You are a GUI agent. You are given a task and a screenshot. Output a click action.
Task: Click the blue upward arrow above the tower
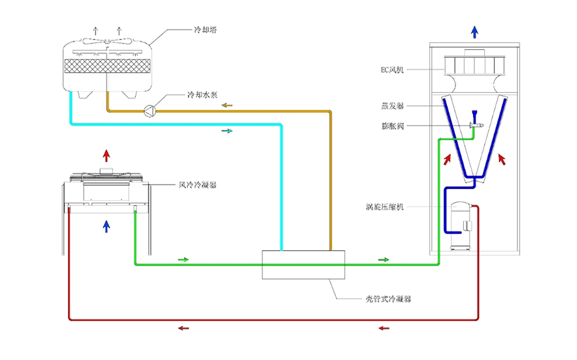point(475,32)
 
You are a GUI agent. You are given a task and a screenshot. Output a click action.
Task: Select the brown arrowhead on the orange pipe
point(226,104)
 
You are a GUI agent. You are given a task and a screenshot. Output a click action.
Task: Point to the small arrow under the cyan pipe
point(227,131)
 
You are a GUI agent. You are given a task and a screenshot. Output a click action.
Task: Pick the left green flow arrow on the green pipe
point(183,260)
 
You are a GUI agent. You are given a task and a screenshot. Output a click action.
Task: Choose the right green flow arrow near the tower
point(383,260)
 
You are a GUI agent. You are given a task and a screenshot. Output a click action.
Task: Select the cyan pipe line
point(175,123)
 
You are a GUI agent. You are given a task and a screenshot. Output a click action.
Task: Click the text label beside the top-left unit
point(204,30)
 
